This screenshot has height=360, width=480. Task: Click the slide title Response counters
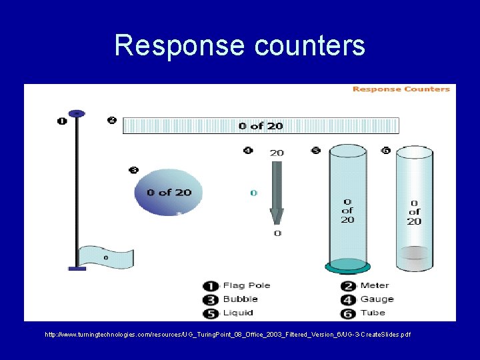coord(239,46)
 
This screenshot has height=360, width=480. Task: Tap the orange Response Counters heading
coord(401,89)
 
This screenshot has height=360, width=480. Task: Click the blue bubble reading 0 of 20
coord(168,193)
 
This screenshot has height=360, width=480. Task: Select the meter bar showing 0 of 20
coord(261,125)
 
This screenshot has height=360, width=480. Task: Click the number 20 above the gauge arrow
coord(276,153)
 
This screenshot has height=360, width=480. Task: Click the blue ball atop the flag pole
coord(77,113)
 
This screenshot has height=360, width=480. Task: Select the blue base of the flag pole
coord(77,268)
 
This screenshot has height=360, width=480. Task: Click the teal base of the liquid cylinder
coord(347,268)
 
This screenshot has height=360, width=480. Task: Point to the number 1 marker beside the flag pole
coord(62,121)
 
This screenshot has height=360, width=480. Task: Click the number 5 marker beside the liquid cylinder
coord(315,151)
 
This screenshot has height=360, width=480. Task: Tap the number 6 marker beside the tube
coord(385,151)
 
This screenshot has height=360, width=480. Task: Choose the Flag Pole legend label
coord(246,285)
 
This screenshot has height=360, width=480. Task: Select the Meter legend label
coord(375,285)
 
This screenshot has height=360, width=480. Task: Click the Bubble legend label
coord(240,299)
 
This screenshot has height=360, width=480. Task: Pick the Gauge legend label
coord(377,299)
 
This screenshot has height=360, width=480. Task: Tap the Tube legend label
coord(373,312)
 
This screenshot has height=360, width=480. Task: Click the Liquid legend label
coord(239,312)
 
